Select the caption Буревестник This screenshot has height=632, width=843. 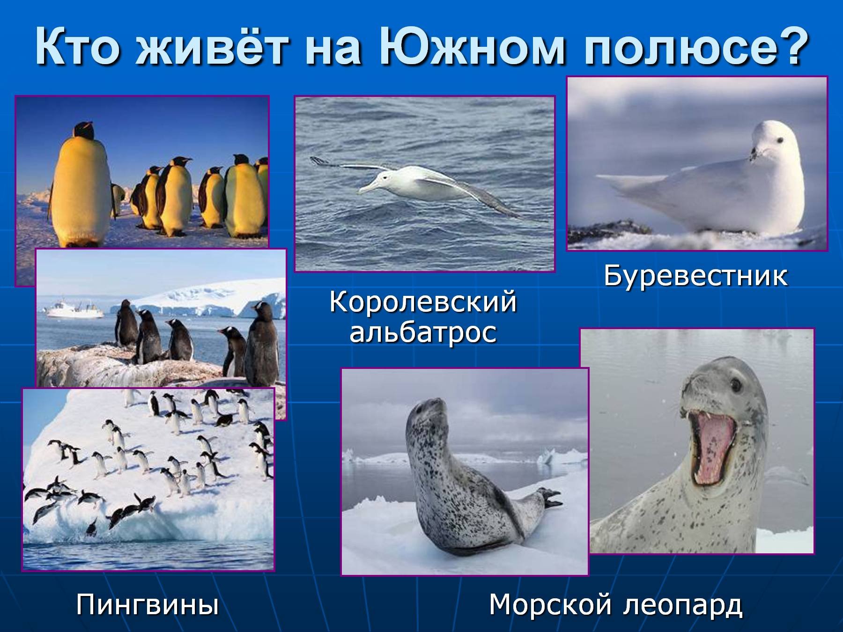[x=695, y=276]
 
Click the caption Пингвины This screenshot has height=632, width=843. [x=148, y=604]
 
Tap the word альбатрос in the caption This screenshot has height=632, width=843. [x=423, y=333]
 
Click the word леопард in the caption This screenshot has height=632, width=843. [x=684, y=605]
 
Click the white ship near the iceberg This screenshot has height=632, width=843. [x=75, y=311]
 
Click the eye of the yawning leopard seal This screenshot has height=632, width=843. [x=736, y=385]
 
